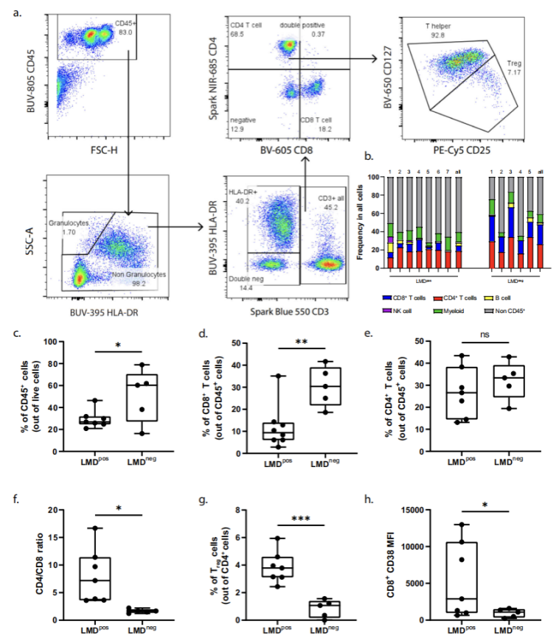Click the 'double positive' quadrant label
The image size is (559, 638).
click(303, 26)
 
